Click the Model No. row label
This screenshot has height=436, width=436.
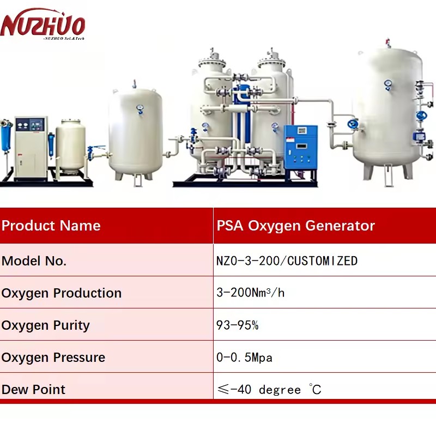[34, 261]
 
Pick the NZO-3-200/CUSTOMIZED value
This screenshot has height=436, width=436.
[287, 261]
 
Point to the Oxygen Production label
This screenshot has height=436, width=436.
[62, 293]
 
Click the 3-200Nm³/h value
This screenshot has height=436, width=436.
[251, 293]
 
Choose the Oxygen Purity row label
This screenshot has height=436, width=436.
[46, 325]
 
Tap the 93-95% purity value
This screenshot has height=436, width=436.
[238, 325]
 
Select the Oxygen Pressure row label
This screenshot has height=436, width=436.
[53, 358]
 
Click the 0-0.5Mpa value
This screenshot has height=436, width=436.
[244, 358]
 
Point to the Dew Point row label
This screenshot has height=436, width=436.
[33, 390]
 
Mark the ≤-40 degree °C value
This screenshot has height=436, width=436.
[269, 389]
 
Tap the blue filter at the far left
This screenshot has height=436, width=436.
[6, 136]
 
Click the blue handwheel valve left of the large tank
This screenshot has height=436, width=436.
[353, 124]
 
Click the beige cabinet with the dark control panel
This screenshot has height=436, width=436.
[31, 148]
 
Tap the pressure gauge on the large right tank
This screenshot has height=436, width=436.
[387, 84]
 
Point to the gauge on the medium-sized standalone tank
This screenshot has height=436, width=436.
[140, 109]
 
